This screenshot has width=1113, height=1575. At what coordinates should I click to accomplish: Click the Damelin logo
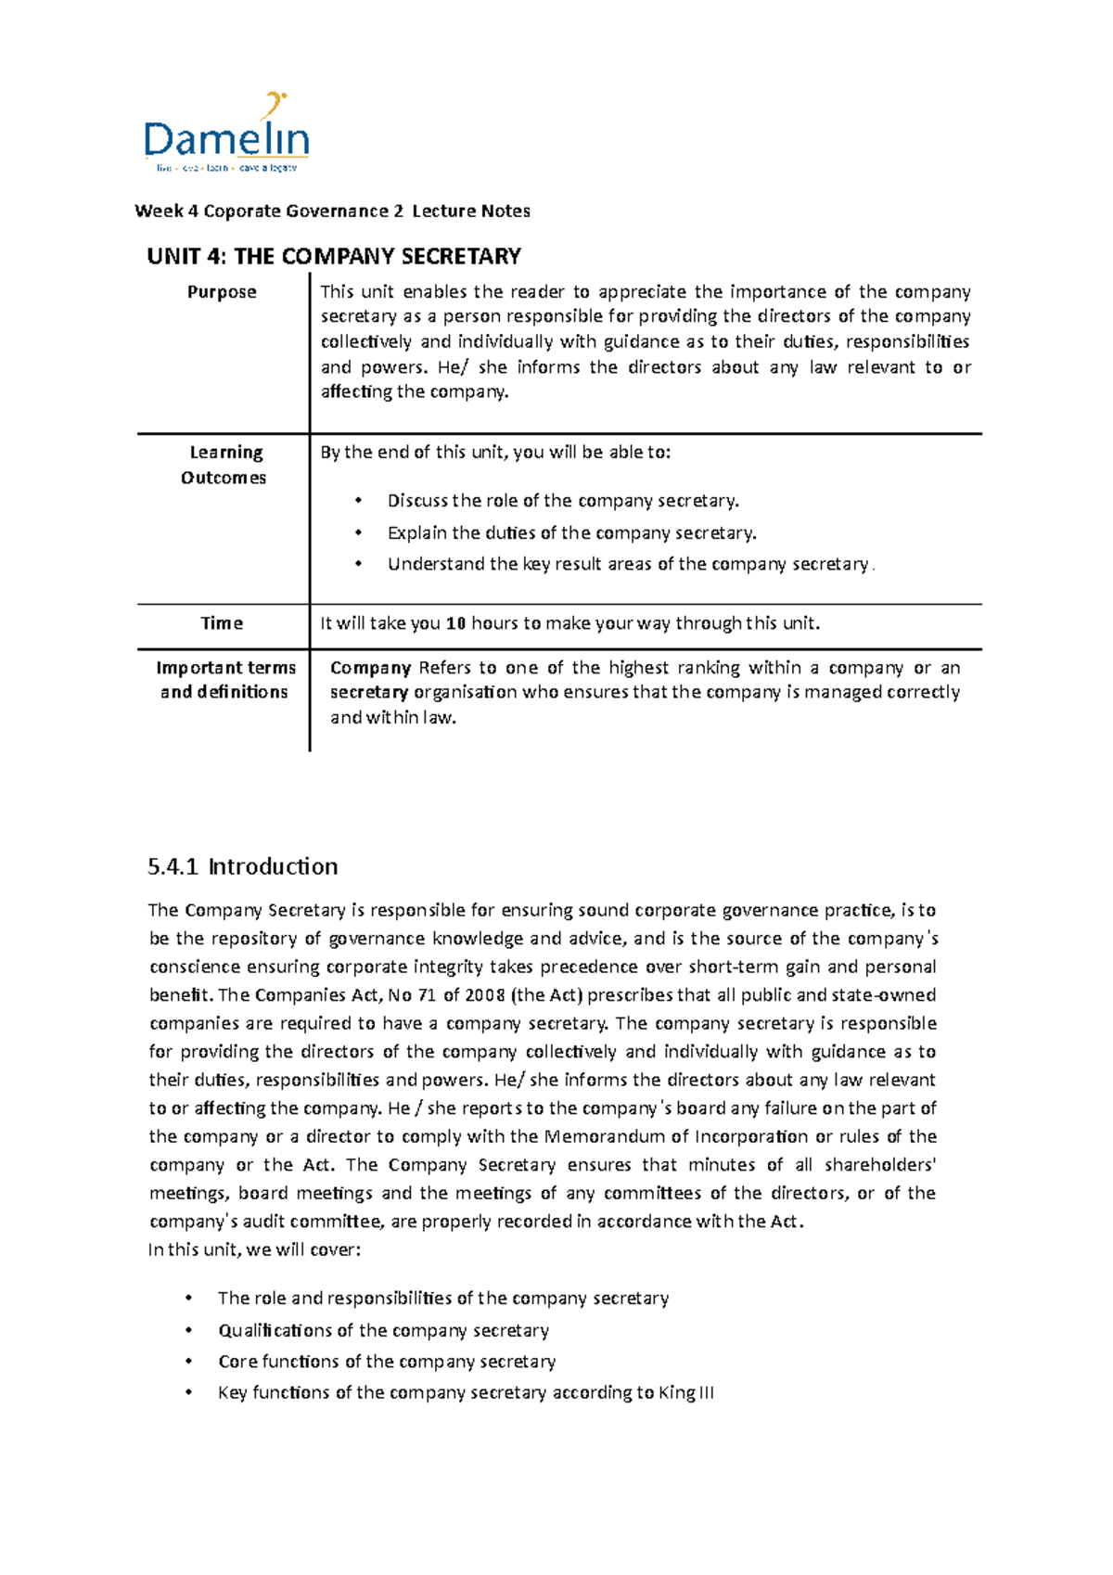[226, 134]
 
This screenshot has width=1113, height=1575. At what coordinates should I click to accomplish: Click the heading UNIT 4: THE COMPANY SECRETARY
[333, 256]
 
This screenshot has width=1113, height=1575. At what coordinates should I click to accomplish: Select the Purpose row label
[222, 292]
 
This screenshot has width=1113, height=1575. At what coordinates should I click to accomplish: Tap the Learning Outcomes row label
[224, 465]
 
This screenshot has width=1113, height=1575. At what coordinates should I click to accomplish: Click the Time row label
[222, 623]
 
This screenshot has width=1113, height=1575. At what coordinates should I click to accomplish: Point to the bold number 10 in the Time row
[455, 623]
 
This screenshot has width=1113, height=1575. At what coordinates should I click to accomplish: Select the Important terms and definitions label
[225, 680]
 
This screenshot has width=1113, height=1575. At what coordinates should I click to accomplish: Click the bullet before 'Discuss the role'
[358, 501]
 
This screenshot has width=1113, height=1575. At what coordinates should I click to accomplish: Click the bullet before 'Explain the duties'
[358, 533]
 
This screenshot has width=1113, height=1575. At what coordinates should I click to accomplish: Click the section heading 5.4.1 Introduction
[242, 866]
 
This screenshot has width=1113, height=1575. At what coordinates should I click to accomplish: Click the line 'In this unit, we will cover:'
[254, 1249]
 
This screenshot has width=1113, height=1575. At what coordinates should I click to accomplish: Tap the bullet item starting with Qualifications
[383, 1330]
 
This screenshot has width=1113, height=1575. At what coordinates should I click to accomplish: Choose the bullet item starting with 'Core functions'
[387, 1362]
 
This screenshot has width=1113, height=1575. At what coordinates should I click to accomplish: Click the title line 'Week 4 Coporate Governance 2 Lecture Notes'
[332, 211]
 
